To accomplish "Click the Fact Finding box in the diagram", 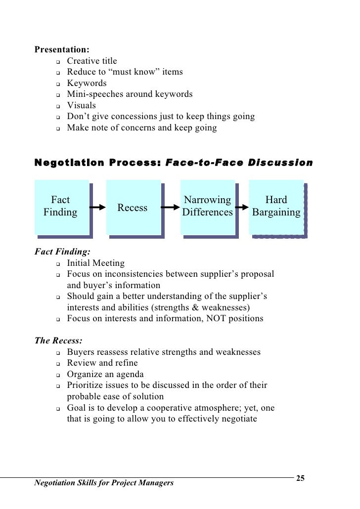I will [61, 207].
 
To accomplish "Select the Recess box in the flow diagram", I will [132, 208].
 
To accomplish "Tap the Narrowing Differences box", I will [207, 207].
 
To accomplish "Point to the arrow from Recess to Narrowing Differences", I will [170, 207].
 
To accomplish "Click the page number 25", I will [300, 478].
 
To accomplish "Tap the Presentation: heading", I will [62, 50].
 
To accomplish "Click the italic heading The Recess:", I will [58, 341].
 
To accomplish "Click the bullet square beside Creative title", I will [58, 62].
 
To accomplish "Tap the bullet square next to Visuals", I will [58, 106].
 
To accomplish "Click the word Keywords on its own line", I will [87, 84].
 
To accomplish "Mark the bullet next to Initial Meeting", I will [58, 264].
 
